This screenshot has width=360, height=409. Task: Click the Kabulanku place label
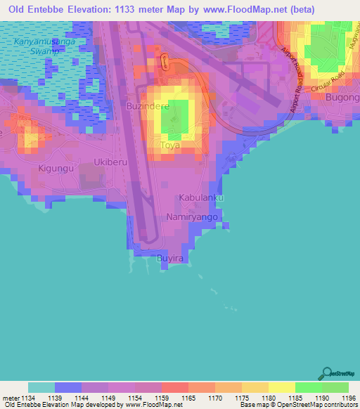(200, 198)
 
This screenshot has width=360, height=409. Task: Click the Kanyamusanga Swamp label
(44, 46)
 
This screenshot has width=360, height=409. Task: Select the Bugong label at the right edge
(343, 98)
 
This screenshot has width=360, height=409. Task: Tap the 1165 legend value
(189, 397)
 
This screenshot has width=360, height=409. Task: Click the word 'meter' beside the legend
(11, 397)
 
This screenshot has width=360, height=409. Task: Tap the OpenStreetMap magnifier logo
(327, 372)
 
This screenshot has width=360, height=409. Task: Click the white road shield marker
(165, 62)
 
